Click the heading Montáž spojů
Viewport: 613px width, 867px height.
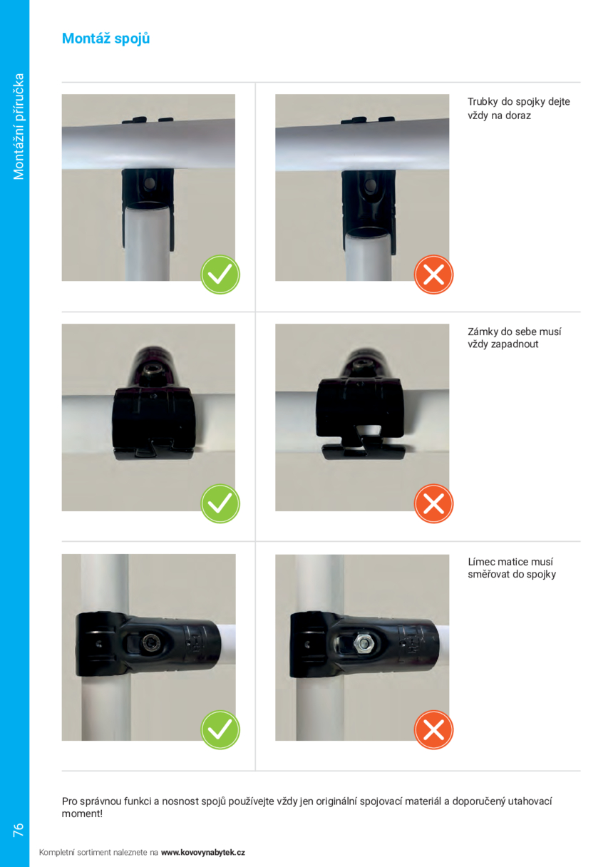pyautogui.click(x=105, y=39)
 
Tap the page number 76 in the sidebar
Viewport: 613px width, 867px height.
pyautogui.click(x=19, y=829)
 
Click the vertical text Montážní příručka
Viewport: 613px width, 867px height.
pyautogui.click(x=19, y=127)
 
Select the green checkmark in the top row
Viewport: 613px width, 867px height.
pyautogui.click(x=220, y=275)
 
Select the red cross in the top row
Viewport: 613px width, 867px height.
pyautogui.click(x=433, y=275)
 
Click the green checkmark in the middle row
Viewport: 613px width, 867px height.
pyautogui.click(x=220, y=504)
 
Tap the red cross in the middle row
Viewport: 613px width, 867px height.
pyautogui.click(x=433, y=504)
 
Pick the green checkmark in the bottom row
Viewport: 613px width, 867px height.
pyautogui.click(x=220, y=730)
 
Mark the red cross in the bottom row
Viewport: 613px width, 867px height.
pyautogui.click(x=433, y=730)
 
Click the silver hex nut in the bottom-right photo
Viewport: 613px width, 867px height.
pyautogui.click(x=363, y=643)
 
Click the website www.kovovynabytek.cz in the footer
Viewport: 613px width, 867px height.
pyautogui.click(x=202, y=852)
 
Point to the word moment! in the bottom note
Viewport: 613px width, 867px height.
pyautogui.click(x=82, y=814)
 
